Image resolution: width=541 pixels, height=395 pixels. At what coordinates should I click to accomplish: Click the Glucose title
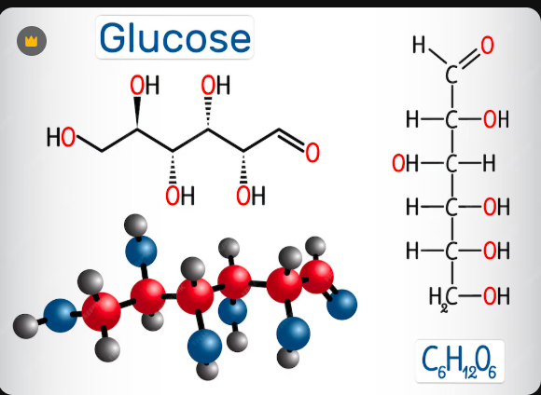pyautogui.click(x=175, y=38)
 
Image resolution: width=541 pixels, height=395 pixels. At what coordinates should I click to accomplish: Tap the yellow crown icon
pyautogui.click(x=32, y=41)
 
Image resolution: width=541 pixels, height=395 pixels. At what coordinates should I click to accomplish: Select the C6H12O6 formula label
pyautogui.click(x=459, y=362)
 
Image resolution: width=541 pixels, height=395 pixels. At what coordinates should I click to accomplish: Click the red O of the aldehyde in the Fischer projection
pyautogui.click(x=487, y=46)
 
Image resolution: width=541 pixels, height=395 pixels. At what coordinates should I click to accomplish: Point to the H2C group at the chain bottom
pyautogui.click(x=443, y=297)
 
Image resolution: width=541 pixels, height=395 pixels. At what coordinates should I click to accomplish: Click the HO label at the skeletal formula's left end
pyautogui.click(x=61, y=137)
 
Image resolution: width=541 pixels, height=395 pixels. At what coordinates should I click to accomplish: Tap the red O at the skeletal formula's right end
pyautogui.click(x=312, y=153)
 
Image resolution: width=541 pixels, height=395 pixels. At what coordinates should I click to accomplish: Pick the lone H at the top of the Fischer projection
pyautogui.click(x=419, y=45)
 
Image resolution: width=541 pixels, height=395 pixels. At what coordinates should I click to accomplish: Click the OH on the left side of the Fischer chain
pyautogui.click(x=405, y=163)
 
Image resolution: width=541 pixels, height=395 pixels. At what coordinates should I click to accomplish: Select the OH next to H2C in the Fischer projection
pyautogui.click(x=496, y=296)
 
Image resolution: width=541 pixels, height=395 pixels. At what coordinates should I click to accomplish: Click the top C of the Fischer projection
pyautogui.click(x=451, y=75)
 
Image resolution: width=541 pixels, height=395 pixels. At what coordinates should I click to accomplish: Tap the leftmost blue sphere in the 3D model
pyautogui.click(x=60, y=316)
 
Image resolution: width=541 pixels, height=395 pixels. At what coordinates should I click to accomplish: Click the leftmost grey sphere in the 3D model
pyautogui.click(x=25, y=326)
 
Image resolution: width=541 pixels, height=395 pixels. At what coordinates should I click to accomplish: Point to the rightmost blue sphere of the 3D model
pyautogui.click(x=341, y=305)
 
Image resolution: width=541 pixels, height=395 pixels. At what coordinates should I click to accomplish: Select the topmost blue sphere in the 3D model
pyautogui.click(x=141, y=252)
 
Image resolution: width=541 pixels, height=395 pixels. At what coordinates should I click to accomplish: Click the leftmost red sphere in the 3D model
pyautogui.click(x=102, y=311)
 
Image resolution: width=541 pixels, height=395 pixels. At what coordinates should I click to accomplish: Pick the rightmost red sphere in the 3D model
pyautogui.click(x=317, y=277)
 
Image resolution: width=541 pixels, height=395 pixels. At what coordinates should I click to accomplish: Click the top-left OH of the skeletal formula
pyautogui.click(x=145, y=85)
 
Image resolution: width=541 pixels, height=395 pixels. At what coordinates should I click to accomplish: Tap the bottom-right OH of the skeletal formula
pyautogui.click(x=251, y=196)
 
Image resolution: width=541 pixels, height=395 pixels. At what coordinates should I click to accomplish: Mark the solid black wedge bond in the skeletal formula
pyautogui.click(x=137, y=112)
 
